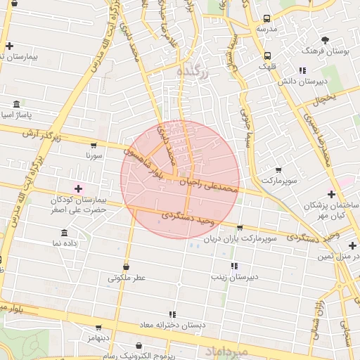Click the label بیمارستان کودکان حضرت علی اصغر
(x=77, y=204)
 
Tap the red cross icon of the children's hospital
(x=77, y=188)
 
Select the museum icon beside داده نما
(x=65, y=233)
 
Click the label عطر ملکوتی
(x=127, y=278)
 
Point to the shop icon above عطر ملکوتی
(x=127, y=267)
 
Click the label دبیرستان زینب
(x=235, y=277)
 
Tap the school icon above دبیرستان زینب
(x=235, y=266)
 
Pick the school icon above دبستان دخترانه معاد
(x=172, y=315)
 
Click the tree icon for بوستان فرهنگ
(x=325, y=40)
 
